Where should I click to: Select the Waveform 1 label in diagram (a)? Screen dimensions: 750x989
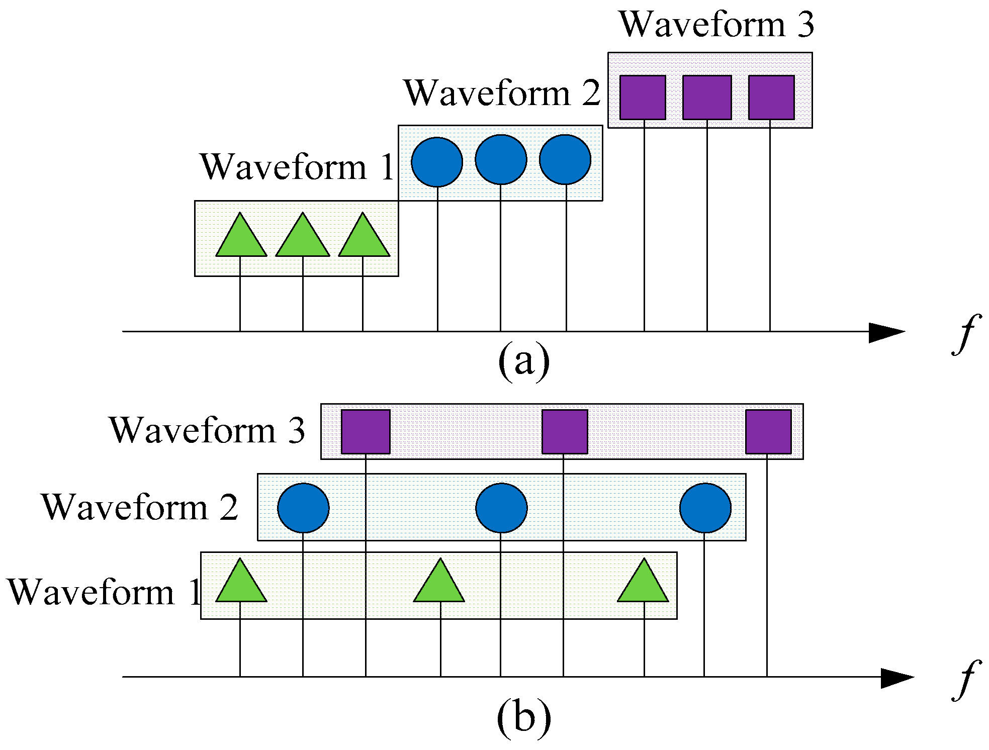[297, 167]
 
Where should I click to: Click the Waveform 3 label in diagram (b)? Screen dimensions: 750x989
[207, 430]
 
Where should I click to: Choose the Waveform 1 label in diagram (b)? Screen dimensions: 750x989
[103, 592]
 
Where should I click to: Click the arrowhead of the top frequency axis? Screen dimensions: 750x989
[888, 332]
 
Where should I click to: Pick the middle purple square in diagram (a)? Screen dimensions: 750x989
[707, 98]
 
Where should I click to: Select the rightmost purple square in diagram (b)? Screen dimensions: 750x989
[768, 431]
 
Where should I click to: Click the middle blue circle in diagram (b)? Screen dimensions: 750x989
[501, 508]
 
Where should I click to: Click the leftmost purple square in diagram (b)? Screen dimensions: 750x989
[366, 431]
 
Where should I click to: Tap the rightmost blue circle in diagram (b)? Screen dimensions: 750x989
[705, 508]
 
